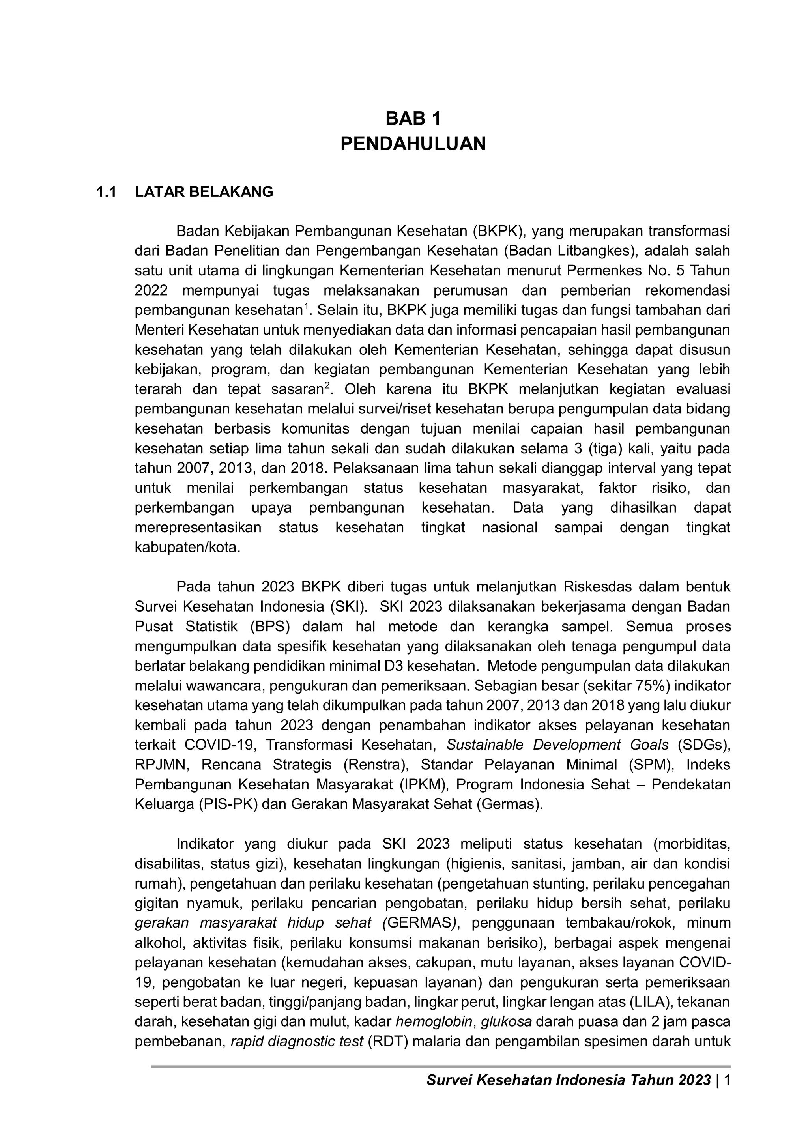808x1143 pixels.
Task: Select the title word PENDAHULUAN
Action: pos(413,144)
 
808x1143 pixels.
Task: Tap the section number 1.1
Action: pos(106,192)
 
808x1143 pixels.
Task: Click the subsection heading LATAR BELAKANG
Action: pos(204,192)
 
